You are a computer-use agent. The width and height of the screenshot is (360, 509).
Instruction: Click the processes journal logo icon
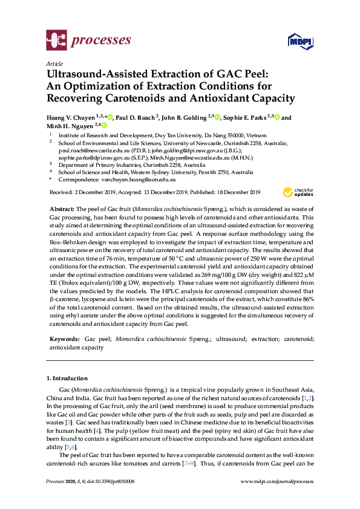(x=56, y=41)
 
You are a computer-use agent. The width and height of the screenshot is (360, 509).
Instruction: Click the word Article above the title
(x=54, y=63)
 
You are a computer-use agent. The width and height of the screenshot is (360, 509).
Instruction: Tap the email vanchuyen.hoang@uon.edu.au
(x=139, y=180)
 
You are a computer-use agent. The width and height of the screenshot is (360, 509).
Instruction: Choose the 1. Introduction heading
(x=68, y=378)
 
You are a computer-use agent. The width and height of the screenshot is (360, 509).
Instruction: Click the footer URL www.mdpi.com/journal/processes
(x=277, y=482)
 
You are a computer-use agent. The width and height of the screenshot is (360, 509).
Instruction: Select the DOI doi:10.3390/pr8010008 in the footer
(x=108, y=482)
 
